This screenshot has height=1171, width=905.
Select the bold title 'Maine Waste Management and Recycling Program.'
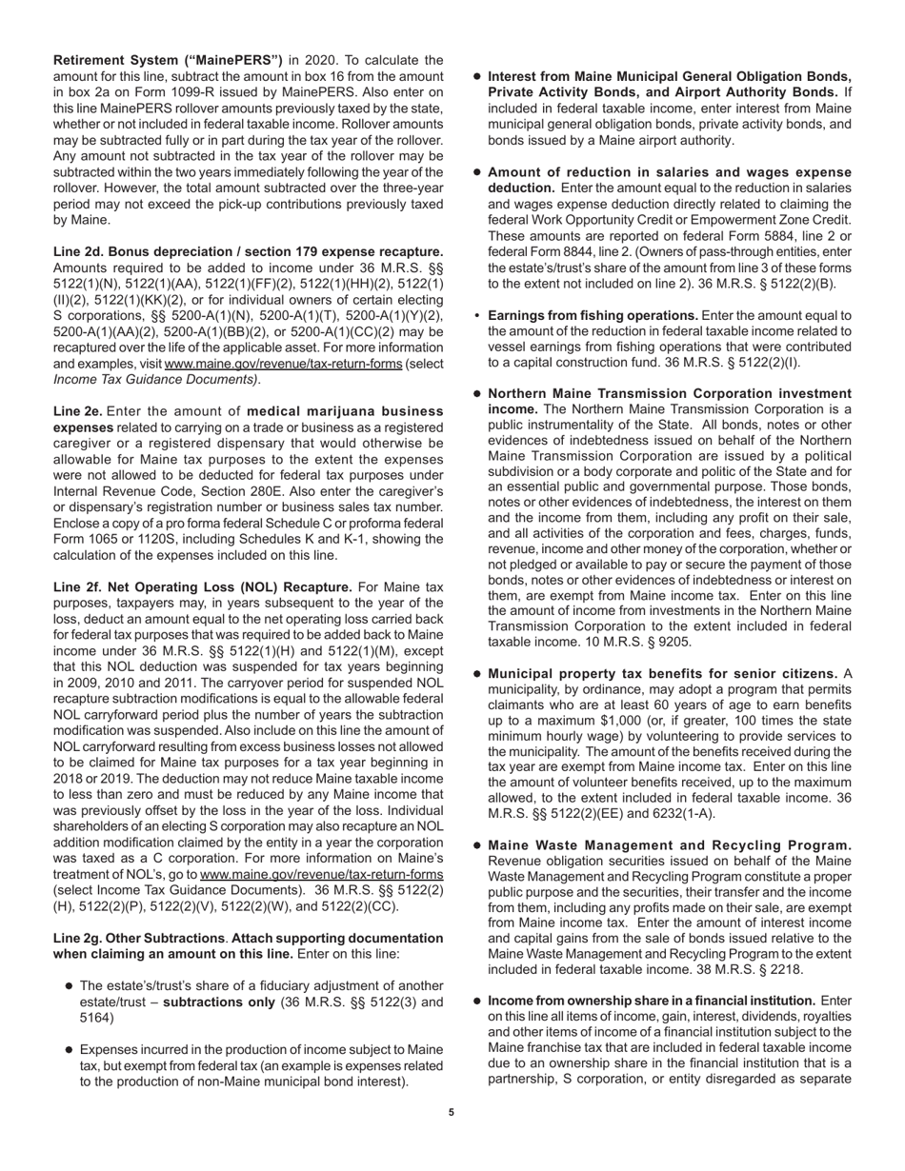tap(670, 845)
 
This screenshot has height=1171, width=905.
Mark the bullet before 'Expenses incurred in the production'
tap(70, 1048)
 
